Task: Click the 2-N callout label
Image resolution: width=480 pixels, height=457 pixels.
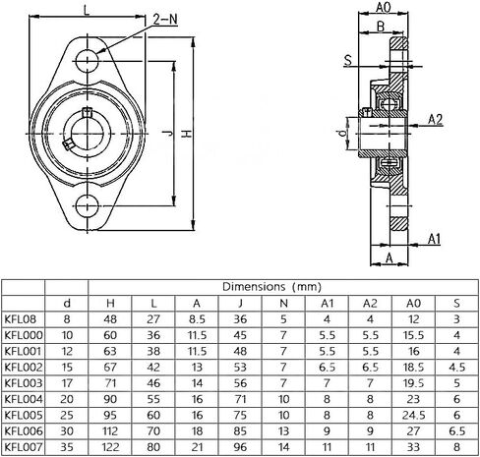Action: click(x=165, y=20)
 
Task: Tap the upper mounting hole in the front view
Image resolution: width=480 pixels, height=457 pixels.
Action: click(x=88, y=61)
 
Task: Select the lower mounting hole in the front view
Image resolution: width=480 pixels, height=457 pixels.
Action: click(x=88, y=205)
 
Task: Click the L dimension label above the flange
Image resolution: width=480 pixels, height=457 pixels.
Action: click(x=87, y=10)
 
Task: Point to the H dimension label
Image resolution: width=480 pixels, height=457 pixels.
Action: click(x=186, y=134)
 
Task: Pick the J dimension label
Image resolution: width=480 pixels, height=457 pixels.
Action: click(x=168, y=133)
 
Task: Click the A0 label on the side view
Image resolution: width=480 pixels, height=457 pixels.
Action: click(x=384, y=7)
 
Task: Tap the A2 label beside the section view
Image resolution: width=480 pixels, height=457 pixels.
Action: click(x=436, y=119)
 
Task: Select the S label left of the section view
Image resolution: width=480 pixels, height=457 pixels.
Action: click(x=348, y=60)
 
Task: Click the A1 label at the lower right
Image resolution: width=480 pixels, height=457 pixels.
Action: click(x=434, y=239)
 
